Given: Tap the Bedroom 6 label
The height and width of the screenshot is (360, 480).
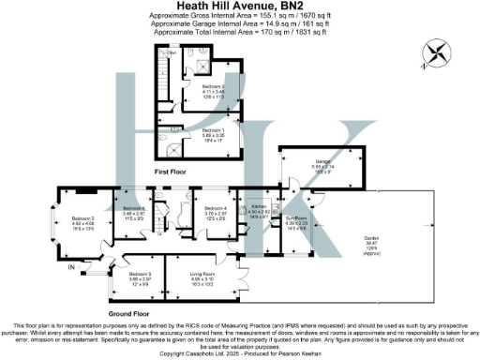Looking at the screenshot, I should pyautogui.click(x=132, y=210).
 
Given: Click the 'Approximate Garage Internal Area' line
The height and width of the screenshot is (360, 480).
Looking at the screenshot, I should pyautogui.click(x=240, y=24).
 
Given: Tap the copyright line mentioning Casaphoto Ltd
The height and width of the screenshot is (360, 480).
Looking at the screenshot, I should pyautogui.click(x=240, y=353).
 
